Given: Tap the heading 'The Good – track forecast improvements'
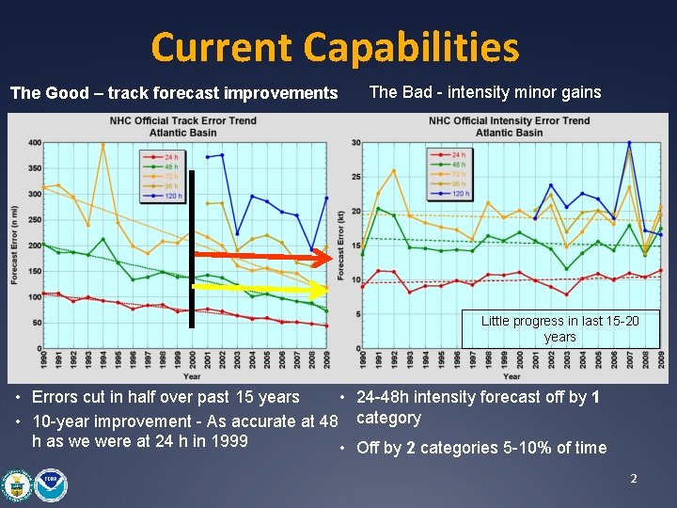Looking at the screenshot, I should (173, 93).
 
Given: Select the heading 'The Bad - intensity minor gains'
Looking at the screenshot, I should (485, 91).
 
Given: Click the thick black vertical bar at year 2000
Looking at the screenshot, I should (191, 249).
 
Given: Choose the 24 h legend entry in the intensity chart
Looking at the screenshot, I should (450, 154).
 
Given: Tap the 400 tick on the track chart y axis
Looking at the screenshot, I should (33, 143).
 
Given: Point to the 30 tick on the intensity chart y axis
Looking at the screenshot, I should (356, 143).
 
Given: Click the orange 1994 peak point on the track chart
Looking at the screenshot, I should (103, 144).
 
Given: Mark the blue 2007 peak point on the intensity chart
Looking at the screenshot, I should (629, 143).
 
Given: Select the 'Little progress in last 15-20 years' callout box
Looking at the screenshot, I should (559, 328).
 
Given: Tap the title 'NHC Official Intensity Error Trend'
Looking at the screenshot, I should (509, 120).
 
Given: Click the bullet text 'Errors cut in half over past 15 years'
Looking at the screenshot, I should (165, 397).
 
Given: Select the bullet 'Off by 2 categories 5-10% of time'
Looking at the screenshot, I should (481, 448).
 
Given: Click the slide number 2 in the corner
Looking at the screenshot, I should (634, 479).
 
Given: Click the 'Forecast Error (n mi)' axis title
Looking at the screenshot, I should (14, 245).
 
